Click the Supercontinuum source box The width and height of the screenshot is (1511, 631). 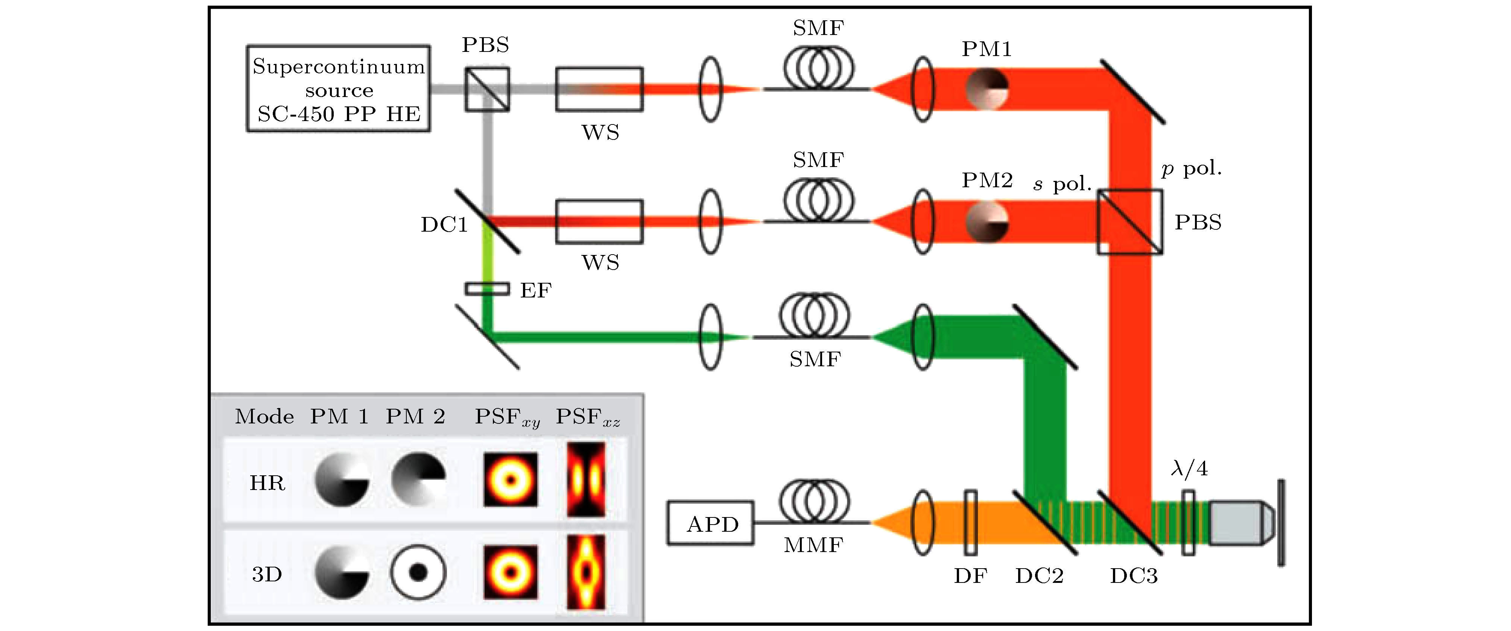pos(338,88)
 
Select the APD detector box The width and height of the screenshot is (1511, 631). pos(710,523)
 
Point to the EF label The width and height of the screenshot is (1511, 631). pos(535,290)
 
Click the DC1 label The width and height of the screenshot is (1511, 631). pos(444,224)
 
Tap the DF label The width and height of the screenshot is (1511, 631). pos(970,576)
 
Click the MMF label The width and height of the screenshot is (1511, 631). pos(813,545)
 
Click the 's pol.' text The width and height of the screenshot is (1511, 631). pos(1062,184)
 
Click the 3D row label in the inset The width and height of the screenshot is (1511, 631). pos(268,574)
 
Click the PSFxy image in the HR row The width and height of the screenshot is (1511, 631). pos(510,480)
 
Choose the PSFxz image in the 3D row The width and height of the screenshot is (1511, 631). pos(585,572)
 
